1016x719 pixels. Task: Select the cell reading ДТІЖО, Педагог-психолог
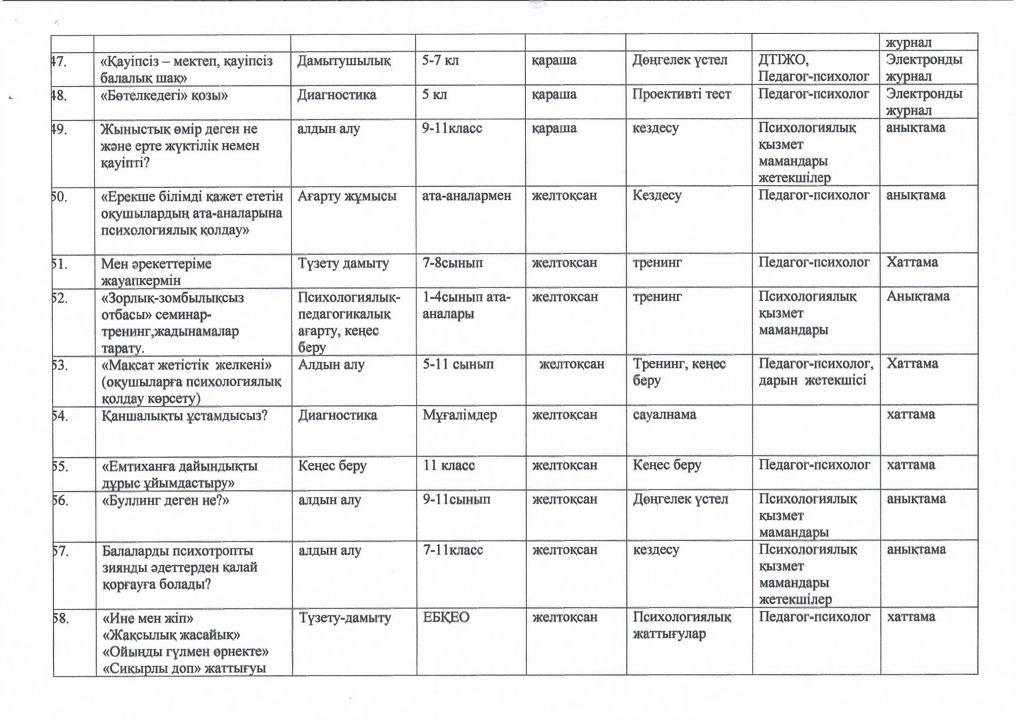[813, 68]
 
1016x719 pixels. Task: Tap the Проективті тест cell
[681, 94]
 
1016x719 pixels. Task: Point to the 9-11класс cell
[452, 128]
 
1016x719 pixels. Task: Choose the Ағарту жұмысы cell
[347, 196]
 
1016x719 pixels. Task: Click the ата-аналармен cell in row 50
[466, 196]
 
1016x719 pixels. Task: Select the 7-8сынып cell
[452, 263]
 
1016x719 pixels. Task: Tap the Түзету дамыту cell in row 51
[343, 263]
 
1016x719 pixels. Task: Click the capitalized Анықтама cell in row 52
[918, 296]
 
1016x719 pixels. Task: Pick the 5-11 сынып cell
[458, 364]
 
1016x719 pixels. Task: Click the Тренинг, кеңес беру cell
[679, 372]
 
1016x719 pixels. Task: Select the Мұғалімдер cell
[459, 415]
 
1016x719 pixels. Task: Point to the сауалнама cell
[664, 415]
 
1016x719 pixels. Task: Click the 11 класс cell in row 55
[448, 465]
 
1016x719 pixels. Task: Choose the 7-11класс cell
[452, 550]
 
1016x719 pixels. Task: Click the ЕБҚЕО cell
[445, 618]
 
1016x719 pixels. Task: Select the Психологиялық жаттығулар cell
[681, 625]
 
